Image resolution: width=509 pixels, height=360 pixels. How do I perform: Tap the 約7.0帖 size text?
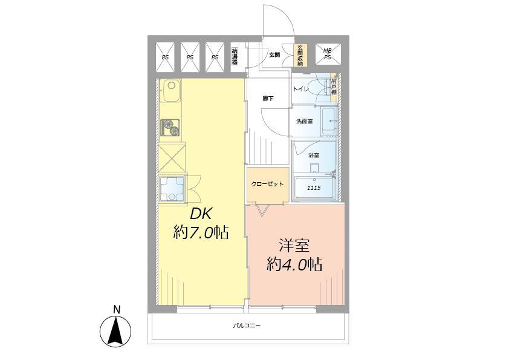point(201,233)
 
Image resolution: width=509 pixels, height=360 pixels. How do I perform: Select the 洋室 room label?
point(294,246)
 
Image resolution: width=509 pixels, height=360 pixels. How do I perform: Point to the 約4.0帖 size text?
point(294,264)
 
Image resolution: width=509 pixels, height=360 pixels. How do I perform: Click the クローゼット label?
point(268,184)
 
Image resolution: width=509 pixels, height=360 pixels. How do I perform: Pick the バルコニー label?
point(247,326)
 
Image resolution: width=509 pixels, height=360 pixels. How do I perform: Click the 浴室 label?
point(314,155)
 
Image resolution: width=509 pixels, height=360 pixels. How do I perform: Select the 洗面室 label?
point(304,121)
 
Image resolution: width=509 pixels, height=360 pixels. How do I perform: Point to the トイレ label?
point(301,90)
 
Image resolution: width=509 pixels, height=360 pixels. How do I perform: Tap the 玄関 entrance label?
point(274,55)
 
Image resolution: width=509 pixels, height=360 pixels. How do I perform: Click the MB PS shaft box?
point(328,54)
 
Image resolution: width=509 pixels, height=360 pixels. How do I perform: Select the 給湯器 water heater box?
point(235,54)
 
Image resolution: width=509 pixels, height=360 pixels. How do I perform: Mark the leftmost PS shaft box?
point(165,54)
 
